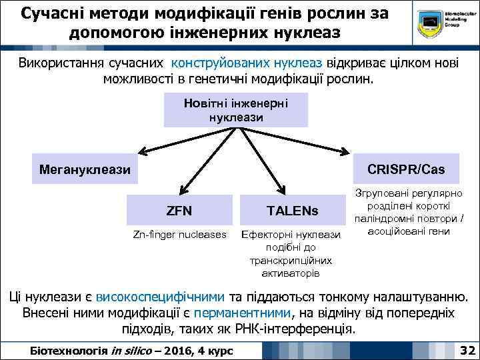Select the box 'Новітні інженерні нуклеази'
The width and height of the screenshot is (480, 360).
tap(236, 109)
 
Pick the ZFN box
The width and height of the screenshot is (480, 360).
tap(179, 211)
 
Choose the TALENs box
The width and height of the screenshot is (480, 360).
tap(293, 211)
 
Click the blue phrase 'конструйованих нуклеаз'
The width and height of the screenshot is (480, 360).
tap(247, 63)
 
